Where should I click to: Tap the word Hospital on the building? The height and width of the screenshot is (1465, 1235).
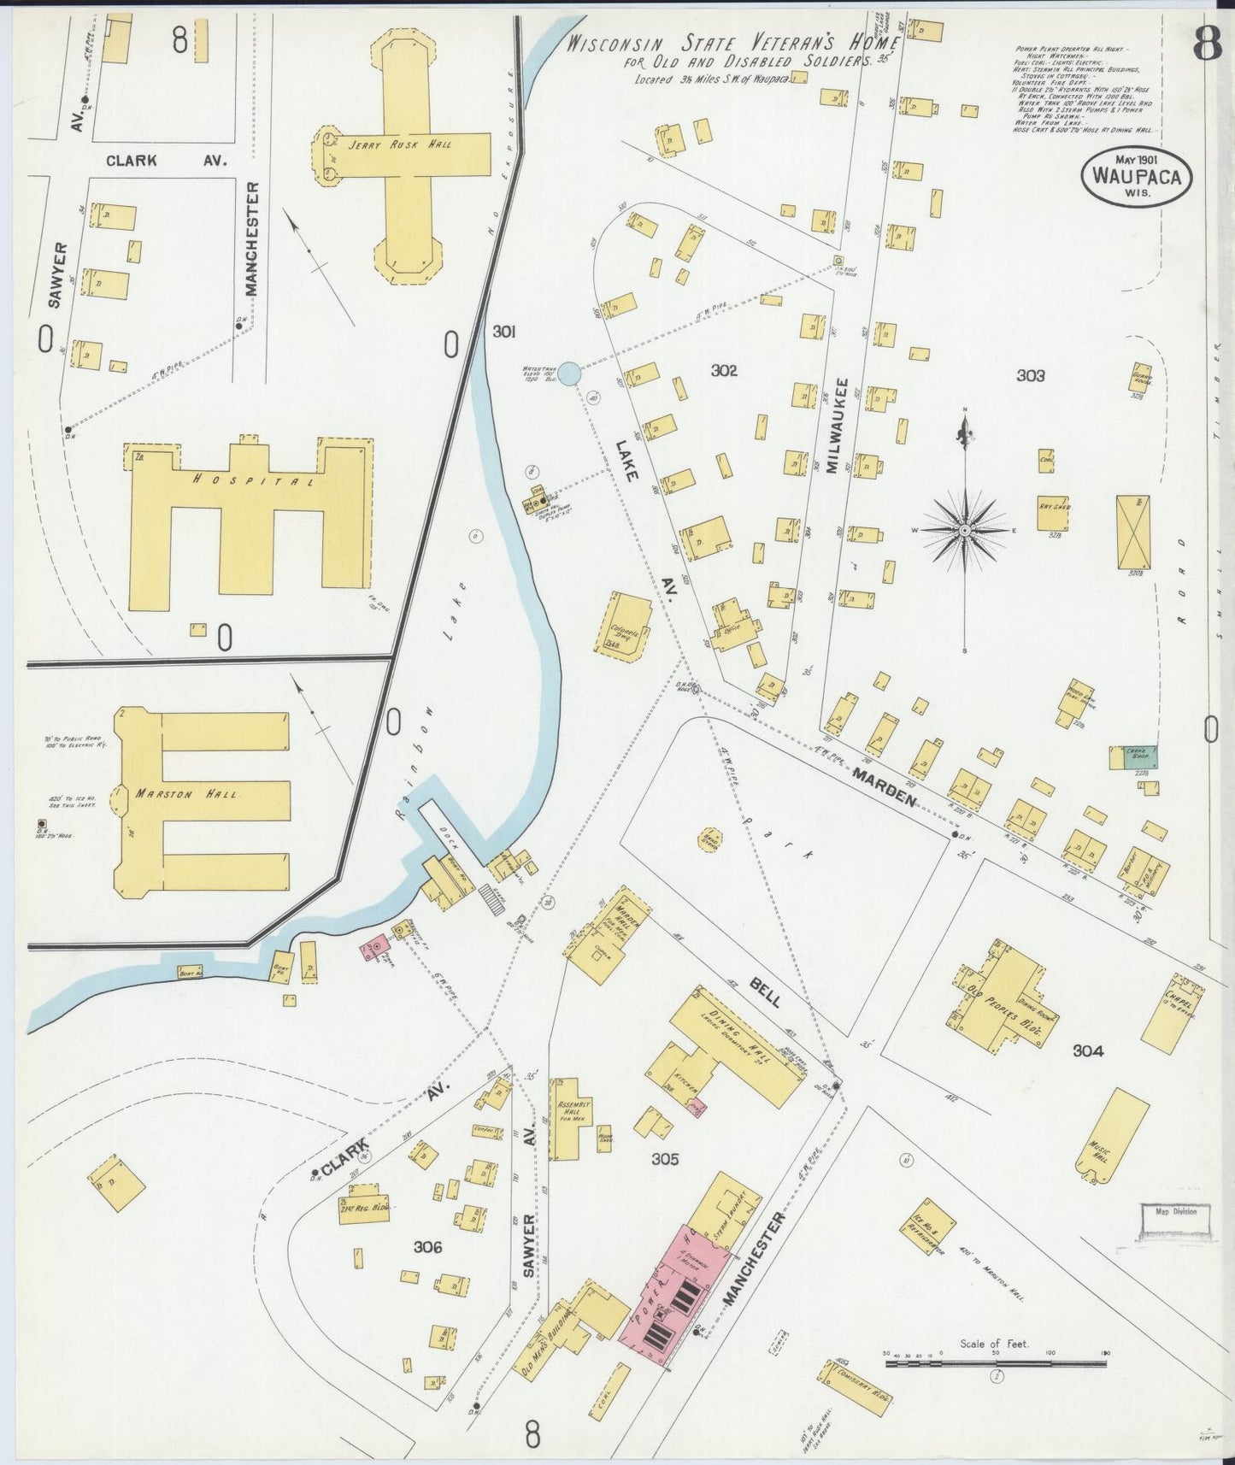(253, 480)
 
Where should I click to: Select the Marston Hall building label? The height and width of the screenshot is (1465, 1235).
(188, 794)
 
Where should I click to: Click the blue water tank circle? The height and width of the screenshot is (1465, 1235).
(571, 374)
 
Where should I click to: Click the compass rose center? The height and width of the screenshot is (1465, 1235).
(965, 531)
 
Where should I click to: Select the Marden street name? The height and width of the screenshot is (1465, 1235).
(885, 786)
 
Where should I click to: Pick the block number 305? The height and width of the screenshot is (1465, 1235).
(665, 1159)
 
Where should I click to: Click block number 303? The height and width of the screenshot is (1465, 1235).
(1031, 375)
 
